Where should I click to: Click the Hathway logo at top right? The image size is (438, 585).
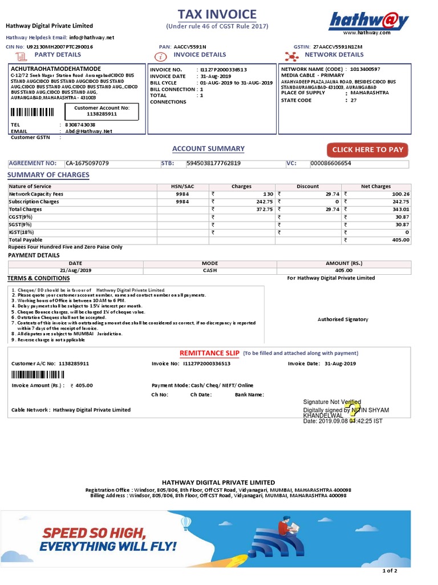click(368, 21)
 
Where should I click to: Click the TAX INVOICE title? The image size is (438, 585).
click(217, 14)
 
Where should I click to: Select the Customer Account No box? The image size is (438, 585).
click(102, 111)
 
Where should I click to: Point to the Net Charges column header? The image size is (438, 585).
click(376, 186)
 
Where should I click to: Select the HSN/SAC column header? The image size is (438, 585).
click(182, 186)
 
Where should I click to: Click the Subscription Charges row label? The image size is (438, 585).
click(34, 202)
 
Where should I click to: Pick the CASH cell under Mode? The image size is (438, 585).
click(210, 270)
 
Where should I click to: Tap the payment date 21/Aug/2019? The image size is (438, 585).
click(75, 270)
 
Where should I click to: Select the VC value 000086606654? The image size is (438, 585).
click(331, 163)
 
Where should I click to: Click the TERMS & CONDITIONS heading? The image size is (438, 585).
click(38, 278)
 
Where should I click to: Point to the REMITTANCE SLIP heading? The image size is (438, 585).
click(209, 353)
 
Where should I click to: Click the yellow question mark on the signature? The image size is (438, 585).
click(355, 411)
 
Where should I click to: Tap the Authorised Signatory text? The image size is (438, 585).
click(343, 319)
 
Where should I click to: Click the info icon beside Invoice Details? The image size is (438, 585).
click(161, 55)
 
